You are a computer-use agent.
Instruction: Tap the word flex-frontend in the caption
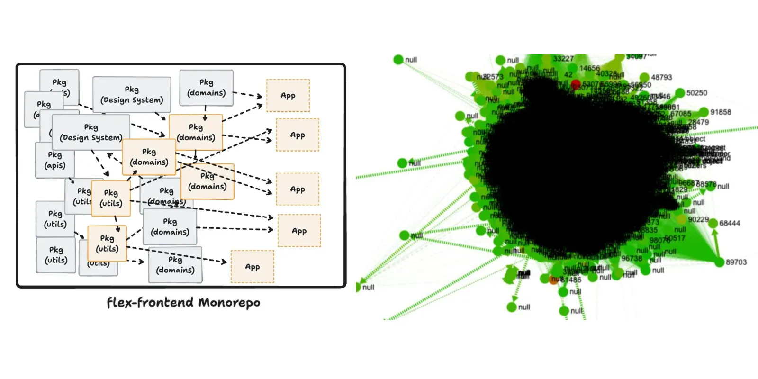(150, 303)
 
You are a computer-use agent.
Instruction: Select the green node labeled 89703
(720, 262)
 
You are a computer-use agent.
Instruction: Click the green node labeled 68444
(713, 223)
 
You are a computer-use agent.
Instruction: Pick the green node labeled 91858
(704, 112)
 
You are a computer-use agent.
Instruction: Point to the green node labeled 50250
(680, 93)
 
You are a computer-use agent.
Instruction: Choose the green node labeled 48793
(644, 77)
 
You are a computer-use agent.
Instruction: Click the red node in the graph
(576, 84)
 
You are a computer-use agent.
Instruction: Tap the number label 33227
(563, 59)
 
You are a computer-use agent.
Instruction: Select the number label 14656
(589, 68)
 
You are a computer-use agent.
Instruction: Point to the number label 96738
(632, 259)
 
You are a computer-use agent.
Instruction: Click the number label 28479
(698, 122)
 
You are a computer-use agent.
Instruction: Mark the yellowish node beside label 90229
(681, 219)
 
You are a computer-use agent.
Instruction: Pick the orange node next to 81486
(554, 280)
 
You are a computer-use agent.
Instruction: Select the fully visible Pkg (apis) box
(55, 161)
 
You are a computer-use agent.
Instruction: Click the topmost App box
(288, 96)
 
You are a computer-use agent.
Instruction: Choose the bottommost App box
(253, 267)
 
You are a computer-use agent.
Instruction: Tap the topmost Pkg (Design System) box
(132, 95)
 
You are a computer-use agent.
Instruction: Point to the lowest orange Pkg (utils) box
(107, 244)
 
